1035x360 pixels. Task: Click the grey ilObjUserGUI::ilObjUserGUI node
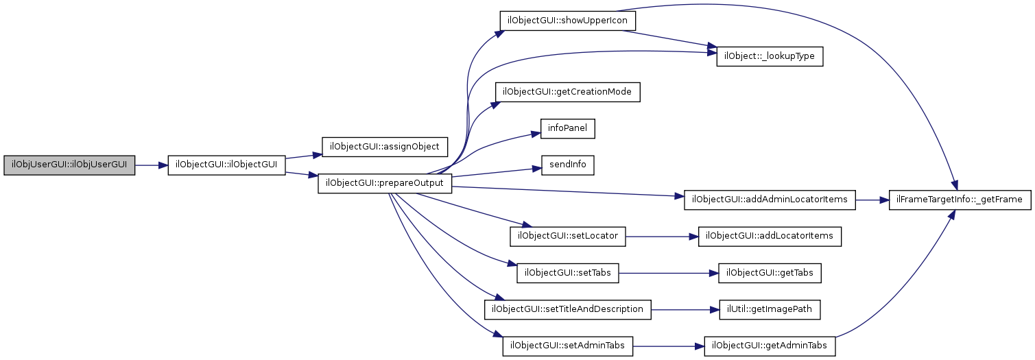(69, 165)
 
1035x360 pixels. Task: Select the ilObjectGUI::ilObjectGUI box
(226, 165)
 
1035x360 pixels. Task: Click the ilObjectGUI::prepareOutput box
(385, 184)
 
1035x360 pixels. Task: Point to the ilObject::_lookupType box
(768, 56)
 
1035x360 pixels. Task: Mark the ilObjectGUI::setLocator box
(568, 236)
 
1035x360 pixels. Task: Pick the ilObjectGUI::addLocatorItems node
(769, 236)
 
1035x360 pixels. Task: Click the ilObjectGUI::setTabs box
(568, 273)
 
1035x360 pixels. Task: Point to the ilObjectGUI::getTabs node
(769, 273)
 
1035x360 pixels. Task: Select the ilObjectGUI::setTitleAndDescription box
(567, 309)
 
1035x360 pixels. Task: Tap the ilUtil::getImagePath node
(769, 309)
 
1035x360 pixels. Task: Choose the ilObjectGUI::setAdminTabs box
(567, 346)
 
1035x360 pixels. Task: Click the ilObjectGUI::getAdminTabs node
(770, 346)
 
